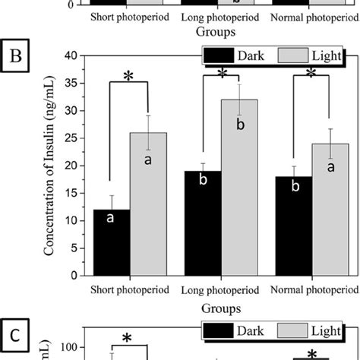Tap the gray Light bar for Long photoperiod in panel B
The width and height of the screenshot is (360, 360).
tap(239, 190)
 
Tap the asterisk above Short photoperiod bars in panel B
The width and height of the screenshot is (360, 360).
tap(128, 79)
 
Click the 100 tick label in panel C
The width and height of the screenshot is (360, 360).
tap(68, 348)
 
